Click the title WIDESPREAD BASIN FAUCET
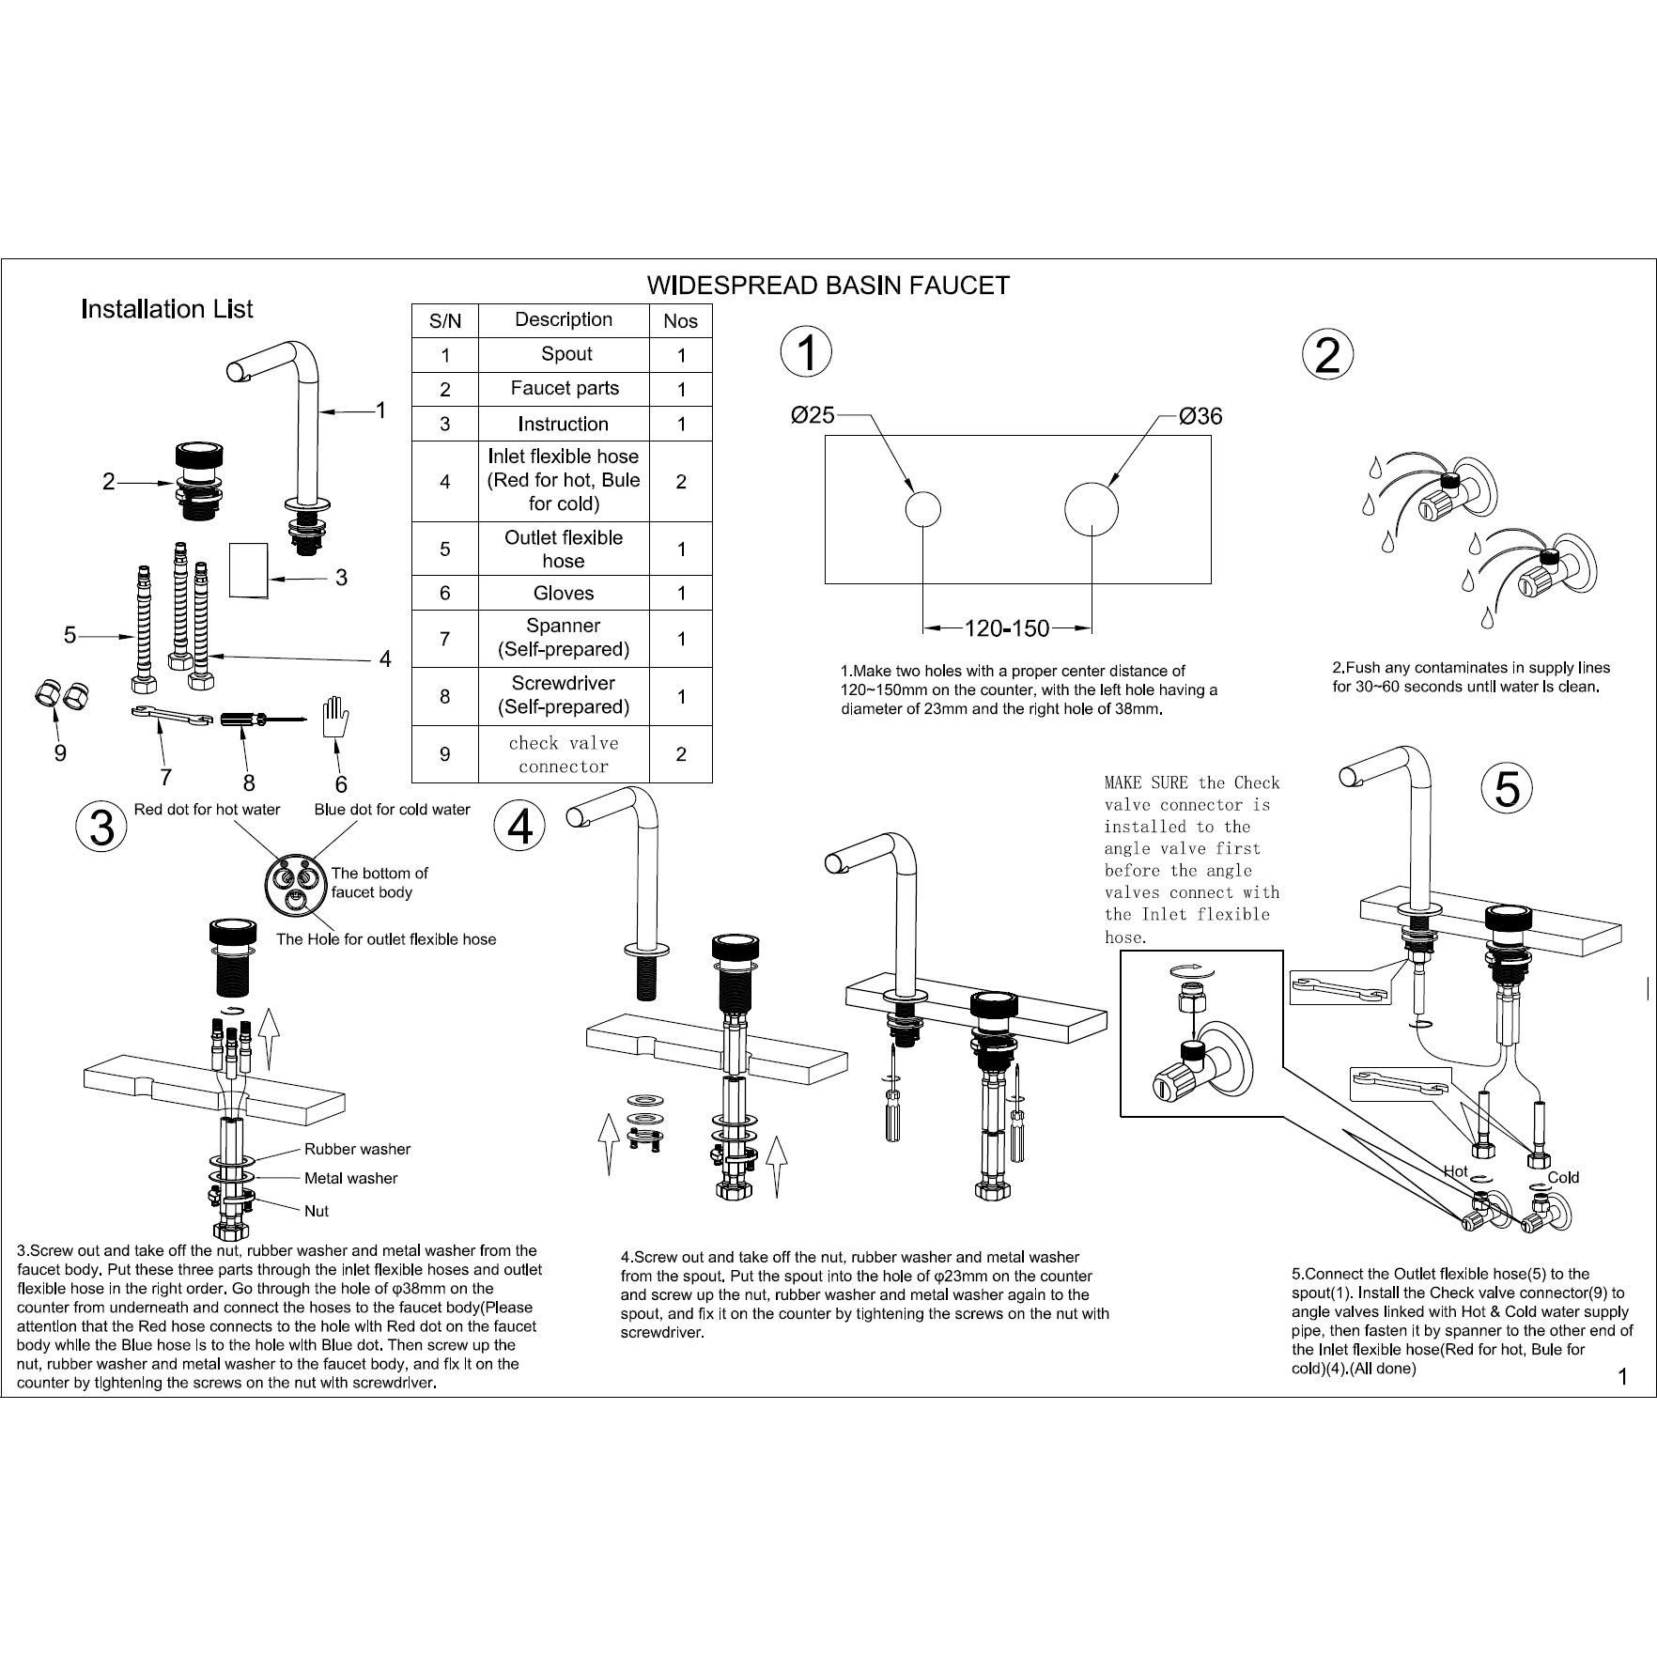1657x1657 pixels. click(x=828, y=286)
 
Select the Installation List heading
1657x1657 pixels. click(x=167, y=309)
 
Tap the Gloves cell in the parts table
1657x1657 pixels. click(x=564, y=593)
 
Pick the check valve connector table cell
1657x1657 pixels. click(x=564, y=754)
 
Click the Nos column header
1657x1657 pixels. click(x=680, y=321)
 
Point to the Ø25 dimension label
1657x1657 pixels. click(x=813, y=415)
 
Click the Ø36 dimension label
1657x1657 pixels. click(x=1201, y=416)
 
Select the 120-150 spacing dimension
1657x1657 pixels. click(x=1007, y=628)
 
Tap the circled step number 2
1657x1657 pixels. click(x=1327, y=355)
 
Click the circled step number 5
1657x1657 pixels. click(x=1506, y=787)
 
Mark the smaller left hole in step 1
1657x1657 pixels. click(x=922, y=510)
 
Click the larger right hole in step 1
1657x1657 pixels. click(x=1092, y=510)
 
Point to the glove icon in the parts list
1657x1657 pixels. click(x=334, y=719)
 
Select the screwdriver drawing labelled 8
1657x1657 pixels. click(x=256, y=719)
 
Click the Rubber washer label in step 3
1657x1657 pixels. click(x=357, y=1149)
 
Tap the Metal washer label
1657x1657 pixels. click(x=350, y=1178)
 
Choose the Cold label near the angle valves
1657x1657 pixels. click(x=1563, y=1177)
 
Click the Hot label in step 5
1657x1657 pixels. click(x=1455, y=1170)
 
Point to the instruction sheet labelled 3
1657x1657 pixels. click(x=249, y=570)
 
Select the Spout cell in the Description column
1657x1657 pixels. click(x=566, y=354)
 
